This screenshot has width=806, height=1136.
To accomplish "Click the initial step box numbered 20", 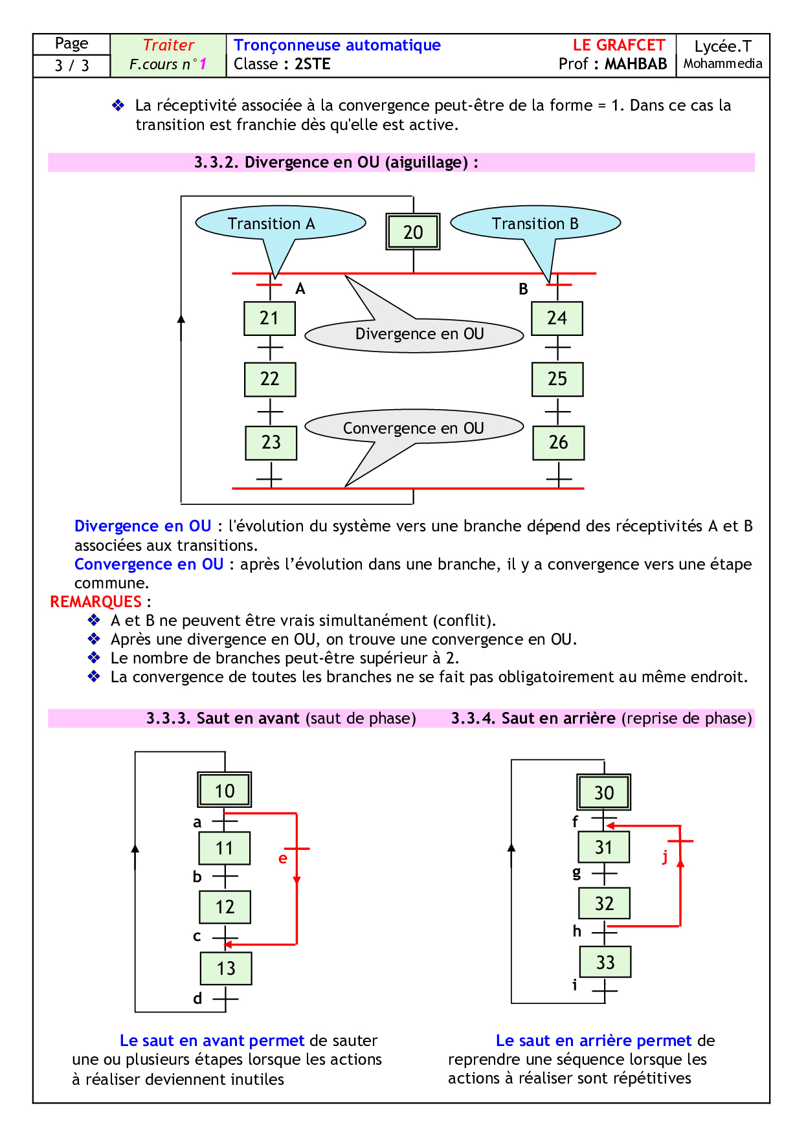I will coord(413,232).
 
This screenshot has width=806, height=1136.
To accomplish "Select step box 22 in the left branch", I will coord(270,379).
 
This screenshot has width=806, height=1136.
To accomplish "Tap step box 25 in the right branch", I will coord(557,379).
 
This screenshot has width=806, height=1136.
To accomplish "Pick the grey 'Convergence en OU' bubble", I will coord(414,427).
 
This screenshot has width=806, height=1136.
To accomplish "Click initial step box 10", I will coord(225,790).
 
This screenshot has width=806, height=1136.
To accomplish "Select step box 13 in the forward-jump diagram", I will coord(226,968).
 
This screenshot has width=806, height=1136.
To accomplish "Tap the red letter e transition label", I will coord(282,858).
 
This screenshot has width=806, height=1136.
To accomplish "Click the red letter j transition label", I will coord(665,857).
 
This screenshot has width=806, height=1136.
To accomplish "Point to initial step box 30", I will coord(604,792).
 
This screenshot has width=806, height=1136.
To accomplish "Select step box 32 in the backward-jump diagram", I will coord(604,904).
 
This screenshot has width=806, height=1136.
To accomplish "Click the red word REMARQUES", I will coord(96,602).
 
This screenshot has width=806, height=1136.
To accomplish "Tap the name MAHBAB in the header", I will coord(636,64).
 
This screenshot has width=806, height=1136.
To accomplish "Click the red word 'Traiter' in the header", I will coord(168,45).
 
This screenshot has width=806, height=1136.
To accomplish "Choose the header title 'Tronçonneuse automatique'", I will coord(337,45).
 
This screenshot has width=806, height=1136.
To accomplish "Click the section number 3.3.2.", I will coord(217,162).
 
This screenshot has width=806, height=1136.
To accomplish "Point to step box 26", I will coord(559,443).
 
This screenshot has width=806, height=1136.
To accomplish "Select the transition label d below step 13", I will coord(197,999).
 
